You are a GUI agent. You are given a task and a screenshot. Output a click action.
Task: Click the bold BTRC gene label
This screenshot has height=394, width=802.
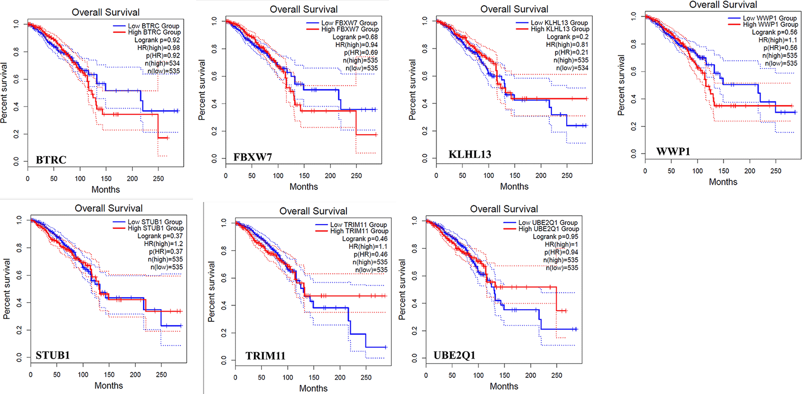click(51, 160)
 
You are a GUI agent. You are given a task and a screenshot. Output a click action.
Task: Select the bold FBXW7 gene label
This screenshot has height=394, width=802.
click(253, 157)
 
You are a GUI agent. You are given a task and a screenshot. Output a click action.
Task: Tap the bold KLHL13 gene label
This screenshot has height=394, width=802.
click(469, 154)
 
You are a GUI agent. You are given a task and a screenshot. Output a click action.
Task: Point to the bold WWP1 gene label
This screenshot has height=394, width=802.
click(673, 151)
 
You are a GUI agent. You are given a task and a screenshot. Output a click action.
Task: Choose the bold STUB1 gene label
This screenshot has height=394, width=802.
click(52, 355)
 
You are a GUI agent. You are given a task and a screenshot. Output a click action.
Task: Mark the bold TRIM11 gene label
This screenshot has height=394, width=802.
click(265, 355)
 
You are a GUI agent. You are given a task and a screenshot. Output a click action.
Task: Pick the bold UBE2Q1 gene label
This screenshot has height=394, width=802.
click(454, 355)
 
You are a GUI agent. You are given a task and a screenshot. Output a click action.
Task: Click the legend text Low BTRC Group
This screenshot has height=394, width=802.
click(153, 26)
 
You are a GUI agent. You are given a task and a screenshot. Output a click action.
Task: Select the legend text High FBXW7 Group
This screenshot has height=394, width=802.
click(350, 30)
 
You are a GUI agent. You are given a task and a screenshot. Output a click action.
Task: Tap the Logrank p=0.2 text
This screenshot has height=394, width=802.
click(568, 37)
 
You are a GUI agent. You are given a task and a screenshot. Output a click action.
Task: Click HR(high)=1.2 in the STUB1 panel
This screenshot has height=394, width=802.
click(163, 244)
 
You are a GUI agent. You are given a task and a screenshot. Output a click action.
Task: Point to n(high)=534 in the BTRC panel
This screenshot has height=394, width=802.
click(162, 63)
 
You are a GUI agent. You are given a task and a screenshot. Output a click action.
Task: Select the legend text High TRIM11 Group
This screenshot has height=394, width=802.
click(359, 231)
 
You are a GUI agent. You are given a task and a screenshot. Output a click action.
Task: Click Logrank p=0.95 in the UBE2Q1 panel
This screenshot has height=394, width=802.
click(555, 236)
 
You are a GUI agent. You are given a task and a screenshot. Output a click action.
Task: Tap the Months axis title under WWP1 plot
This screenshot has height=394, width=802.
click(723, 182)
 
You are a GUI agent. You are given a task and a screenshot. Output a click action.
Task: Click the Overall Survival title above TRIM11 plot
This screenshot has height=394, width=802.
click(313, 211)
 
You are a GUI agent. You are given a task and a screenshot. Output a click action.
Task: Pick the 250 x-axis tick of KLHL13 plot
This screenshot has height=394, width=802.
click(567, 176)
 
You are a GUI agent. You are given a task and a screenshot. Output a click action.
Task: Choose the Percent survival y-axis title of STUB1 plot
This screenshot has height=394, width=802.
click(7, 288)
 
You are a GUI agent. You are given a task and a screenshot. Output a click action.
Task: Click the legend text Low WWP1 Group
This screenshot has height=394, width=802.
click(770, 18)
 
